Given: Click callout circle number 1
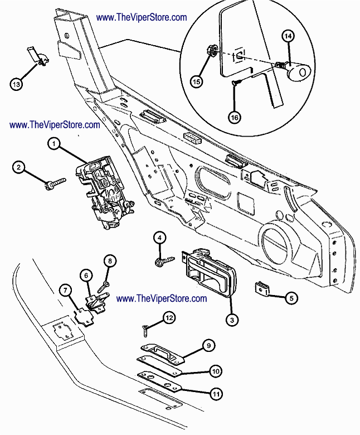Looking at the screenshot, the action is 54,143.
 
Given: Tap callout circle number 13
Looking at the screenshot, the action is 16,84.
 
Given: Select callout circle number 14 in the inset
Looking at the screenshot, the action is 288,36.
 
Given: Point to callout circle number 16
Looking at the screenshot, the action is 235,117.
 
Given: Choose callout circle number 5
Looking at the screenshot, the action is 291,298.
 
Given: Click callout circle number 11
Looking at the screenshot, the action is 216,394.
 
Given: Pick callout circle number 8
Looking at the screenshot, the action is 110,261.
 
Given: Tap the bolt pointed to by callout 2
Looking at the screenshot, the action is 56,183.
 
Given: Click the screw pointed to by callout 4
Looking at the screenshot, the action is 165,262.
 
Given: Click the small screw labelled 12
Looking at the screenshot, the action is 145,331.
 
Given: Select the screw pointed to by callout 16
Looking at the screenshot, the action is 237,82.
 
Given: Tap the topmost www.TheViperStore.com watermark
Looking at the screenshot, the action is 142,17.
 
